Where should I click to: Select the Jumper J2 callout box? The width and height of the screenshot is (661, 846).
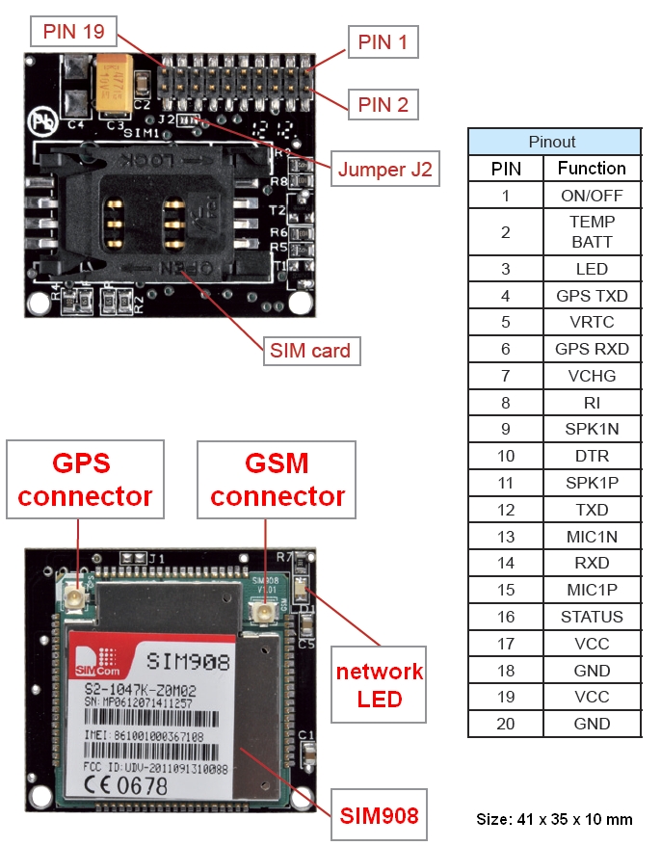click(383, 170)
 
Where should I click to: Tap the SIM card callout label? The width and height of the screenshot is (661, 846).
click(311, 350)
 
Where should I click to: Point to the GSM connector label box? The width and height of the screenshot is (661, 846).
click(277, 480)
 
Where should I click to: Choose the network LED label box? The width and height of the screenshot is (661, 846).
click(379, 684)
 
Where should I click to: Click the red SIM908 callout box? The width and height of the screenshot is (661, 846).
click(379, 816)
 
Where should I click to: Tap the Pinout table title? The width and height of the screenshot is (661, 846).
click(553, 142)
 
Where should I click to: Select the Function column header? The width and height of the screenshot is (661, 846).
click(592, 169)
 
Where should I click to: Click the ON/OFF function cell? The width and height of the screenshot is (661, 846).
click(592, 196)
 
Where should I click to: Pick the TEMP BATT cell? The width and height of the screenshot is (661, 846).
click(592, 232)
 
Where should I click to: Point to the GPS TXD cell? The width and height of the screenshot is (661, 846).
click(592, 296)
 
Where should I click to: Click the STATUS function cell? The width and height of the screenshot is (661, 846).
click(592, 617)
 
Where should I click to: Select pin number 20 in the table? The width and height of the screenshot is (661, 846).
click(505, 724)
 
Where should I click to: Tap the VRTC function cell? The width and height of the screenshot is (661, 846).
click(592, 322)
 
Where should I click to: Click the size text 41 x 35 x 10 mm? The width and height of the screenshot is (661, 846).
click(554, 819)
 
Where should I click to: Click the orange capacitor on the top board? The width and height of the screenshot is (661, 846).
click(115, 84)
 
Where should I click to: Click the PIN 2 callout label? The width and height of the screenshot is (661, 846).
click(383, 104)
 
